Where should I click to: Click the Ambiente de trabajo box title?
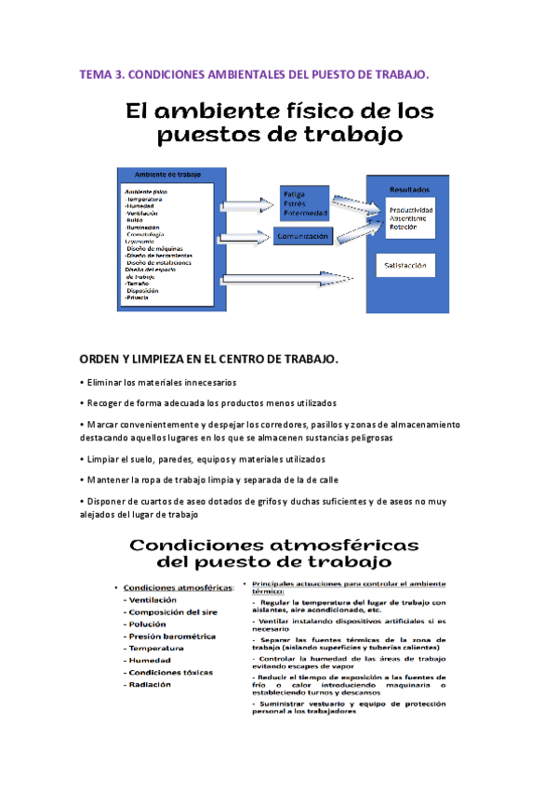168,175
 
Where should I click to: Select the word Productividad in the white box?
410,209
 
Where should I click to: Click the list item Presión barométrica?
172,637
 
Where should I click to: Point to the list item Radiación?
150,684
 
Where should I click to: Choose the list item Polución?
148,624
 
